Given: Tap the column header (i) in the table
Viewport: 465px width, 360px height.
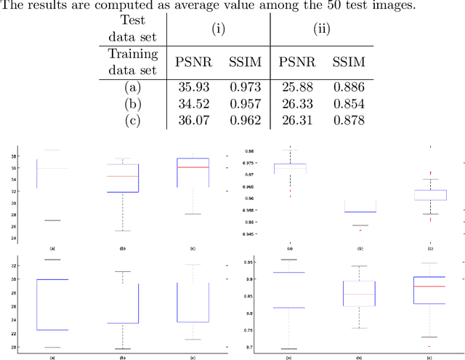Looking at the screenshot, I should click(x=218, y=29).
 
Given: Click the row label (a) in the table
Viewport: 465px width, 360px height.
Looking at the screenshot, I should click(x=132, y=87).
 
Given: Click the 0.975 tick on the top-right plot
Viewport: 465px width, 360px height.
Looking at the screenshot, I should click(x=249, y=164).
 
